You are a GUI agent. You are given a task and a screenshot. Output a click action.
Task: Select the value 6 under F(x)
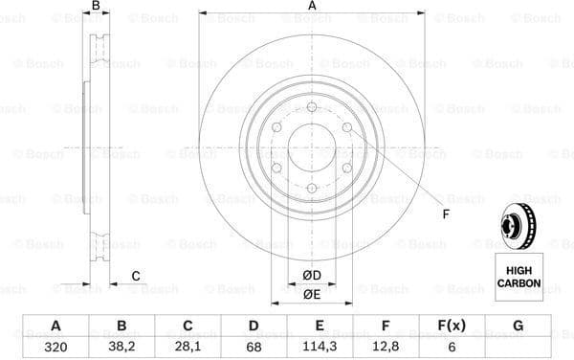[x=450, y=348]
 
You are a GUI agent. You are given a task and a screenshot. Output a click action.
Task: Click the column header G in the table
[x=519, y=326]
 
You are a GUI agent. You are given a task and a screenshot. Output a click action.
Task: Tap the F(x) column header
[x=450, y=326]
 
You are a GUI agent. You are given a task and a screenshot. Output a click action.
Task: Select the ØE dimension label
[x=312, y=294]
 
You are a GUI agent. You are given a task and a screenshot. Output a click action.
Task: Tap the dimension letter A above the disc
[x=312, y=7]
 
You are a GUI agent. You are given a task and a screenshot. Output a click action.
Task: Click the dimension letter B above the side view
[x=95, y=7]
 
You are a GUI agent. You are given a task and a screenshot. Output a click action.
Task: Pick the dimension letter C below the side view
[x=136, y=277]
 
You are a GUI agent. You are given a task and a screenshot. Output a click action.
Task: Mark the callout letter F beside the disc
[x=445, y=213]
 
